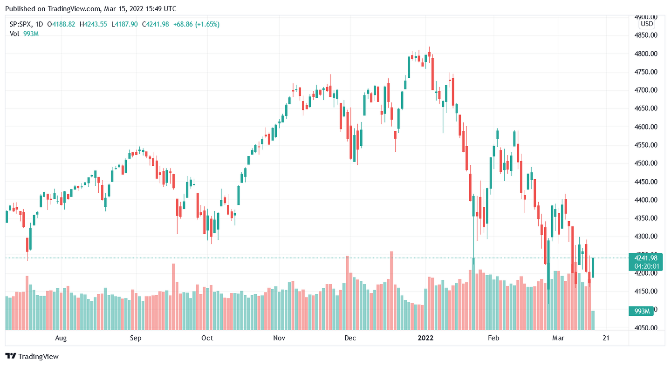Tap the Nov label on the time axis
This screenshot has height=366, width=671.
[x=279, y=338]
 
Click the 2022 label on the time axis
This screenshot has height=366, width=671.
[x=425, y=338]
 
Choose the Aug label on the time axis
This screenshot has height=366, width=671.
[x=61, y=338]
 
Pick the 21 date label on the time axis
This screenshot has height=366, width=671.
[x=606, y=338]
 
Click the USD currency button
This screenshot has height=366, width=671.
[x=647, y=24]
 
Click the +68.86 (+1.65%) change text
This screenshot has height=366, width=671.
[x=196, y=24]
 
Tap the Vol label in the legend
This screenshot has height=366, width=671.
[x=14, y=34]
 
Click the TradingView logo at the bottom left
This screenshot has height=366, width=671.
[x=32, y=356]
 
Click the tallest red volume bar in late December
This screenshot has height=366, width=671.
[x=391, y=291]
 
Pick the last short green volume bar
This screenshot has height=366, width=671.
[x=593, y=320]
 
